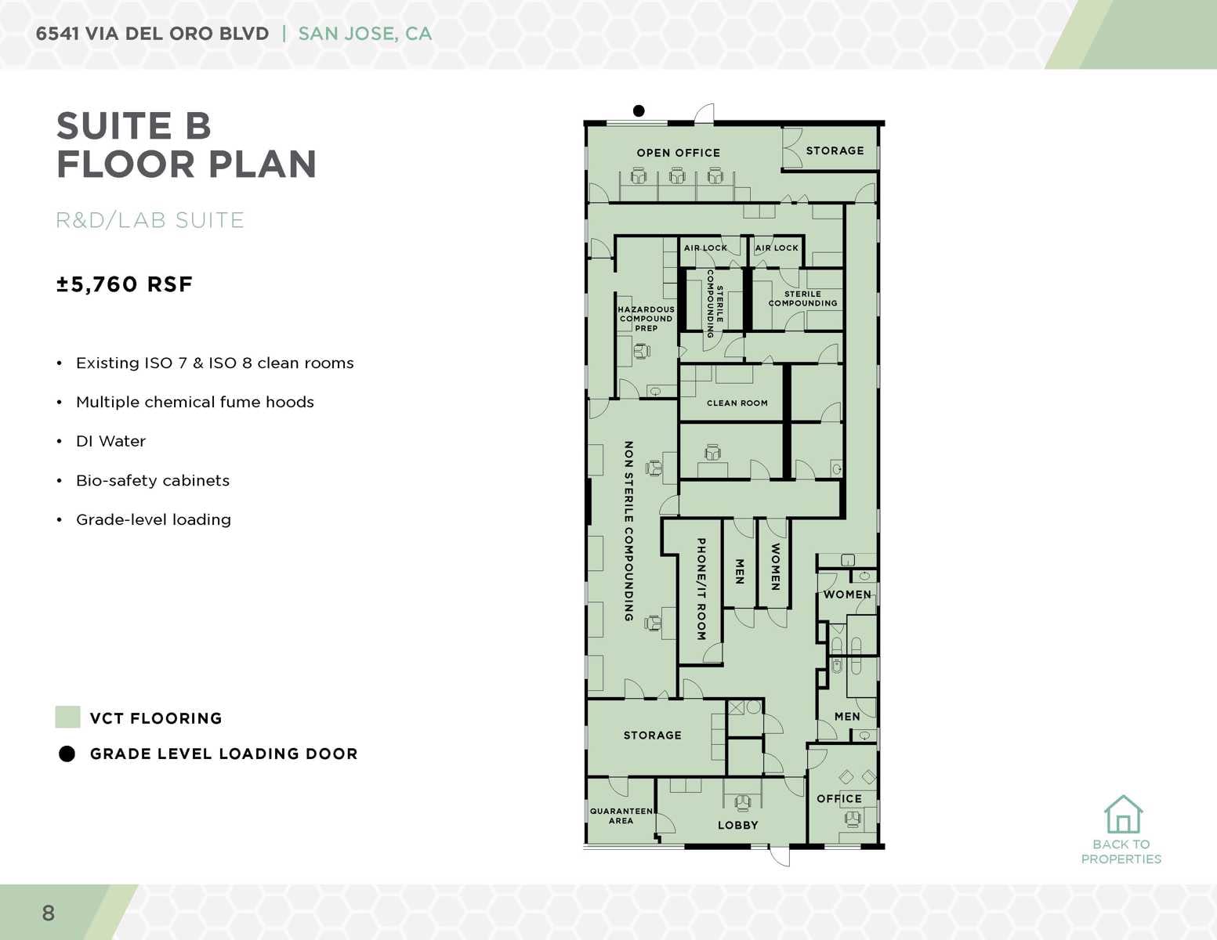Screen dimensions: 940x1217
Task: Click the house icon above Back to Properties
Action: point(1123,815)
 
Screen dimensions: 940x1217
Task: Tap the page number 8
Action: point(49,913)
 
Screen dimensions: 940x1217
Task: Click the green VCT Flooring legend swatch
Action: point(67,718)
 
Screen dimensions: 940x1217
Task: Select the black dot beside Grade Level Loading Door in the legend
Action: point(67,754)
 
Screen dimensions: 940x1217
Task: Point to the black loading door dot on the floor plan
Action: point(639,111)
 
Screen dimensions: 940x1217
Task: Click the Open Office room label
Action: point(678,153)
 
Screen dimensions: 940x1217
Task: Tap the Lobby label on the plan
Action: point(737,825)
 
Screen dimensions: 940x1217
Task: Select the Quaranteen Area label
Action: point(621,815)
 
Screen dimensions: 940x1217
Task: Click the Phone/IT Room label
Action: point(701,588)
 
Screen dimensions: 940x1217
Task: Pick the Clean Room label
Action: point(737,403)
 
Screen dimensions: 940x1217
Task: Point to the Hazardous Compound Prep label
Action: point(646,319)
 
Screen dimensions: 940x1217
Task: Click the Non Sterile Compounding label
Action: point(628,531)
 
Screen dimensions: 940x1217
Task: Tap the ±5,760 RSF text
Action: point(124,284)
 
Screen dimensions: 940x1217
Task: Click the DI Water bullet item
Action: point(110,441)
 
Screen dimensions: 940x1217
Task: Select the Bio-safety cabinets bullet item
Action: point(152,480)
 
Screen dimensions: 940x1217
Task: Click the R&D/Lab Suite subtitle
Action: point(150,220)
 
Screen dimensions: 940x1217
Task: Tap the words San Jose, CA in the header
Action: point(364,34)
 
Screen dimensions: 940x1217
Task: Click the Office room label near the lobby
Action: point(838,798)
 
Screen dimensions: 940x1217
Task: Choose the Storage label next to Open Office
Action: point(835,150)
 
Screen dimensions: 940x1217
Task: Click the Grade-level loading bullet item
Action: point(153,519)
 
